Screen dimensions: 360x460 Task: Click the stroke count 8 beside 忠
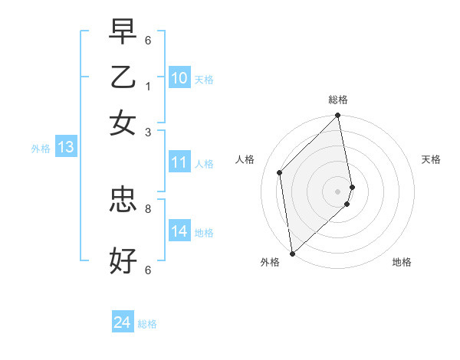click(148, 208)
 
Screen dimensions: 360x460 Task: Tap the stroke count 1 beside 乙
click(148, 86)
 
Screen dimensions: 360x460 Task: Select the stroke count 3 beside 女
click(148, 132)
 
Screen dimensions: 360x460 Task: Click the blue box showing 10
click(179, 78)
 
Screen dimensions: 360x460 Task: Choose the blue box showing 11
click(179, 162)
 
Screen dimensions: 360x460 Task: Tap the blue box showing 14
click(179, 231)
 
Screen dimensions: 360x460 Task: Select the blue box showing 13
click(65, 147)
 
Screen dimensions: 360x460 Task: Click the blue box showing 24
click(122, 322)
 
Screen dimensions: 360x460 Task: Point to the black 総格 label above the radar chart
click(338, 100)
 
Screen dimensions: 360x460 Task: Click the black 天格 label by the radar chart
click(431, 159)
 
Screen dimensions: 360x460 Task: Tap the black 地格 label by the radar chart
click(402, 262)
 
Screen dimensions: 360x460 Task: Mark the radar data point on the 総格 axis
click(338, 116)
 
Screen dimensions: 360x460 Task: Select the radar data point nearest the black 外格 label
click(292, 254)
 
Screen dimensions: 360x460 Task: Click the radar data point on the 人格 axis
click(280, 172)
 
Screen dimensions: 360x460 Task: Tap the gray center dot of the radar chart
click(338, 191)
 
